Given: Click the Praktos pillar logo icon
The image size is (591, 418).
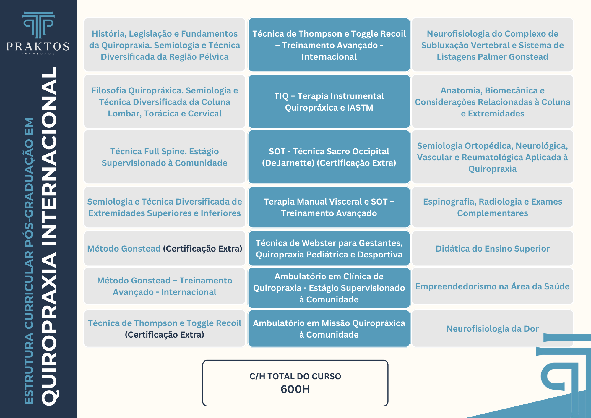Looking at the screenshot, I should coord(38,25).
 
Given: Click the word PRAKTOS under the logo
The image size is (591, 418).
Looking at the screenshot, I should coord(38,46).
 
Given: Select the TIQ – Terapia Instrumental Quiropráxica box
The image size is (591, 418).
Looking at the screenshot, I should coord(329,102).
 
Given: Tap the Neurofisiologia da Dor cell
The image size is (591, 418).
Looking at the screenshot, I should coord(492,328).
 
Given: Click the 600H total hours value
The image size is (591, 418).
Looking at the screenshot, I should coord(295,389).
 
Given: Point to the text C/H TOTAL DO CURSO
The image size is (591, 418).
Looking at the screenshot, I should coord(295,376).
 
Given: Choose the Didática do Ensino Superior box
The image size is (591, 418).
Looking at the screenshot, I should coord(492,248).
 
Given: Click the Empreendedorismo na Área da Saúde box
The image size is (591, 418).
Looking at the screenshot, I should coord(492,286).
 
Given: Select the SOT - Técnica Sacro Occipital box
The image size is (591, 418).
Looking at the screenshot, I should coord(329,157).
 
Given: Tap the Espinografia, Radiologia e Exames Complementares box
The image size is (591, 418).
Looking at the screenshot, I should coord(492,207).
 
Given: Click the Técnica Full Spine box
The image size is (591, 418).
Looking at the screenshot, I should coord(165,157).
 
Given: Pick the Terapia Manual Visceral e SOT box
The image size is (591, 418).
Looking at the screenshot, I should coord(329,207).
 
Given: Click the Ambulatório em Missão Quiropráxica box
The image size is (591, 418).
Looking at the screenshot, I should coord(329,328).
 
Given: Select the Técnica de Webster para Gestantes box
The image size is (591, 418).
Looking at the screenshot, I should coord(329,248).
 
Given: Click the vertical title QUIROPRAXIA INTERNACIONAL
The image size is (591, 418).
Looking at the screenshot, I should coord(50,236).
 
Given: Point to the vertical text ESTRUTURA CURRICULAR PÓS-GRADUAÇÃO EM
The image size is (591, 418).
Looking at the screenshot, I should coord(29,260).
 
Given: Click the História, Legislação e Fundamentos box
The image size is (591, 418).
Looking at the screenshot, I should coord(165,45).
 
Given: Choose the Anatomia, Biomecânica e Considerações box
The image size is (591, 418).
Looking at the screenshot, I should coord(492,102).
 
